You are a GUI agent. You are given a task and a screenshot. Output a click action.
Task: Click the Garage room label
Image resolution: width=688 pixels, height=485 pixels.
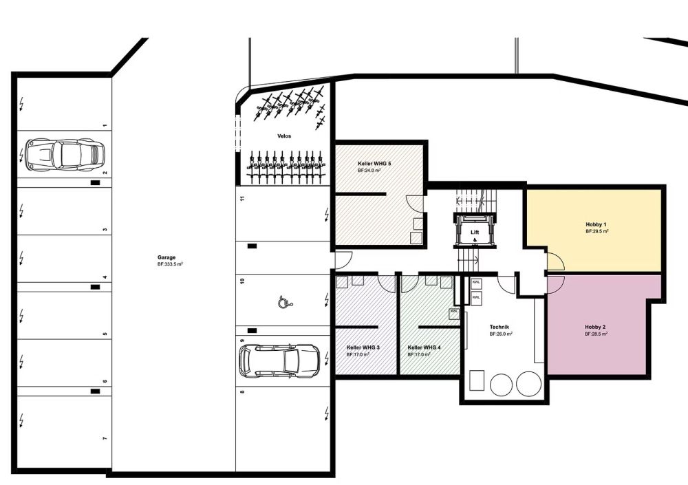tap(166, 258)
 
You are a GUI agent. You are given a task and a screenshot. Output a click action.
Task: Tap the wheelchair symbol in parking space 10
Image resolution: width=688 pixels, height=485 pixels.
tap(284, 302)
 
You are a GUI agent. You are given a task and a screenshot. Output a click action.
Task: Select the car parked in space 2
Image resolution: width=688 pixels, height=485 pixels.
tap(65, 155)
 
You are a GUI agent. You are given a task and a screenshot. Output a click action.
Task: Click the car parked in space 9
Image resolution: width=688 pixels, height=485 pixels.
tap(279, 360)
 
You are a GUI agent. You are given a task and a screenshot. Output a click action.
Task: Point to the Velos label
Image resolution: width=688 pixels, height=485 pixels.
tap(284, 136)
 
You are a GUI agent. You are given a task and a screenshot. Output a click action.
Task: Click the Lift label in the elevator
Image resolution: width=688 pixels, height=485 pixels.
tap(475, 233)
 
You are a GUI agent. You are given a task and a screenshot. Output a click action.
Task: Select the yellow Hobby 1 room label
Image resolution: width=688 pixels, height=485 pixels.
tap(596, 224)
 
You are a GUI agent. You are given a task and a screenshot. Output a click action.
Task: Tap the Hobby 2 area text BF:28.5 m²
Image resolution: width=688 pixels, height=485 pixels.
tap(596, 334)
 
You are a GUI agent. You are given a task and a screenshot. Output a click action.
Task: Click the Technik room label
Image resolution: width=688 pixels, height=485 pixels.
tap(499, 327)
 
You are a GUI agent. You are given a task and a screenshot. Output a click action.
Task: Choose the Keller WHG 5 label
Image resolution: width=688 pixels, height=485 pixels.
tap(374, 164)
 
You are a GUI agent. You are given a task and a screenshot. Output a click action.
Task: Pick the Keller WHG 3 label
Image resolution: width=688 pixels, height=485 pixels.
tap(363, 347)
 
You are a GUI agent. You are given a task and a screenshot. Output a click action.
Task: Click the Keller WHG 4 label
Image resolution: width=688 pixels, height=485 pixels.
tap(424, 347)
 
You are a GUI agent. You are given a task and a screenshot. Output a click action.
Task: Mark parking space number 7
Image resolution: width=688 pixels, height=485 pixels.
tap(105, 438)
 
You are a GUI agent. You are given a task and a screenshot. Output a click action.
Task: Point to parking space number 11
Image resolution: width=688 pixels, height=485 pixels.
tap(242, 198)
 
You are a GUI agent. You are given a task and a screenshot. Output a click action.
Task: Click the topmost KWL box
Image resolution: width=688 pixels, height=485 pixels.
tap(476, 283)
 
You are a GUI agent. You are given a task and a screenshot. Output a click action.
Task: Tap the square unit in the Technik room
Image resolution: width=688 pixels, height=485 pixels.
tap(477, 380)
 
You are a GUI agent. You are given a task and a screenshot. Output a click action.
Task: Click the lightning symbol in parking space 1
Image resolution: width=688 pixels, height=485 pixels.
tap(21, 104)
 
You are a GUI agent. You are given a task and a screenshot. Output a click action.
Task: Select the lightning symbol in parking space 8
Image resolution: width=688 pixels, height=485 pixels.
tap(326, 413)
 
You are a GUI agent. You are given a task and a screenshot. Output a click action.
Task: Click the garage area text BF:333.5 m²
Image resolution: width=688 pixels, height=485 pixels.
tap(170, 264)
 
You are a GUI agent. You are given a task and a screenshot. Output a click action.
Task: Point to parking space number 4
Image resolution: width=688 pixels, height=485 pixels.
tap(105, 277)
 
